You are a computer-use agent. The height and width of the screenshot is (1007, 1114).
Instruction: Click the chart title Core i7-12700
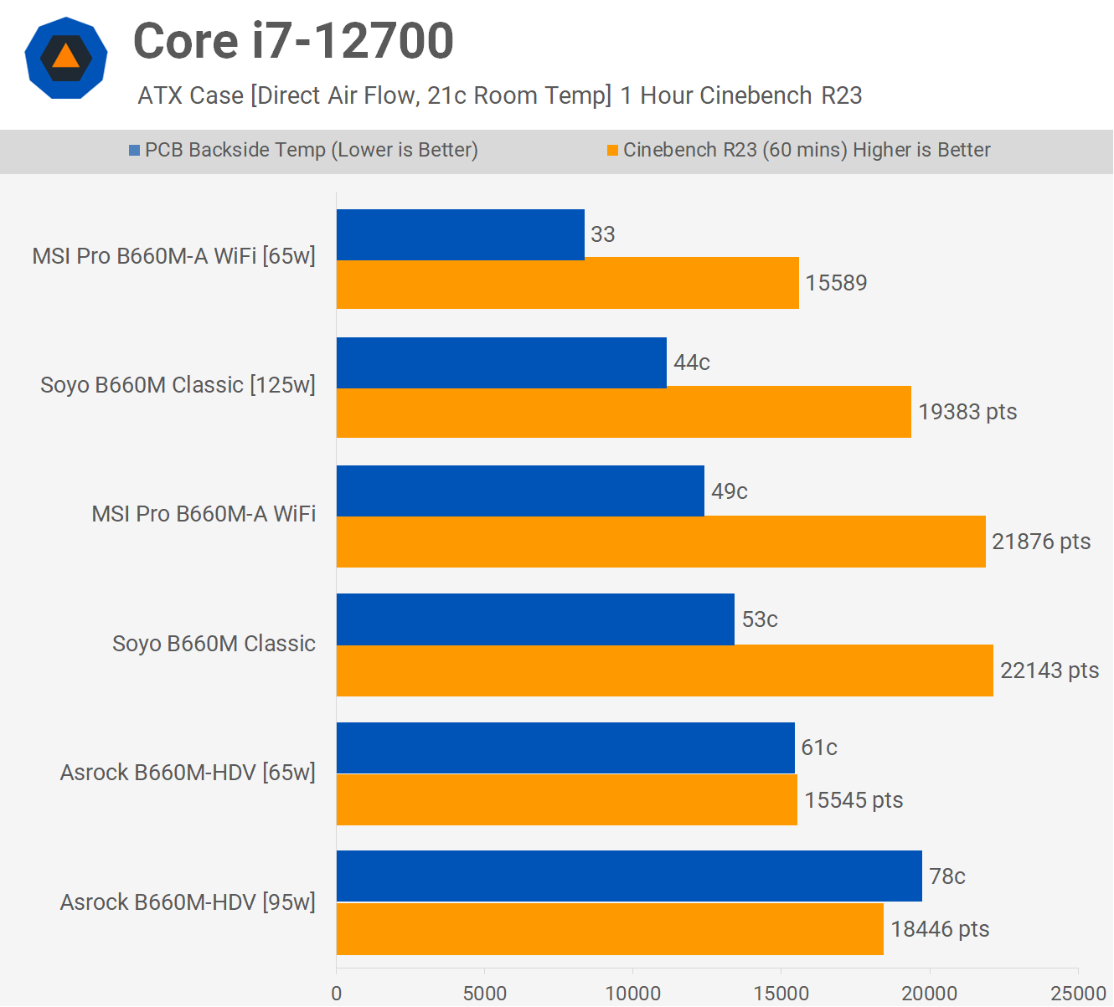click(293, 42)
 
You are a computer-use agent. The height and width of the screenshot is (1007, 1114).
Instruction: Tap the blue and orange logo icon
click(66, 58)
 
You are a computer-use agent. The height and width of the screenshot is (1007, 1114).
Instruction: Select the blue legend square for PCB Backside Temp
click(134, 151)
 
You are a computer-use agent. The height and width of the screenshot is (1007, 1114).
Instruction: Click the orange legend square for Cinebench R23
click(612, 151)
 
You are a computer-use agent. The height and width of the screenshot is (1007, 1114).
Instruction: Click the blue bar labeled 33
click(460, 234)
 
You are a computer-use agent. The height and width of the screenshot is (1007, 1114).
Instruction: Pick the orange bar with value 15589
click(567, 284)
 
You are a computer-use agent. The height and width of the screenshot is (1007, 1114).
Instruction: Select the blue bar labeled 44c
click(501, 362)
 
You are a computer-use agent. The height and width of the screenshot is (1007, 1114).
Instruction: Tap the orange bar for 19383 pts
click(623, 412)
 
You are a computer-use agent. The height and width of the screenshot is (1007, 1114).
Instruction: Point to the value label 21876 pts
click(1041, 542)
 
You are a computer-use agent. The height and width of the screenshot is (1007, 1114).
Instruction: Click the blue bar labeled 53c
click(535, 619)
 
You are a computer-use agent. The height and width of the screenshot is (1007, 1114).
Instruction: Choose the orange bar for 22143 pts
click(664, 670)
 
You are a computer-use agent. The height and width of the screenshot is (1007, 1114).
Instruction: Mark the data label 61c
click(819, 748)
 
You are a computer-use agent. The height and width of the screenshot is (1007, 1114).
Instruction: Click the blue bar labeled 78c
click(629, 876)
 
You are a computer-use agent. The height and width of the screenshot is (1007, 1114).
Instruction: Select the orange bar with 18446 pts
click(610, 929)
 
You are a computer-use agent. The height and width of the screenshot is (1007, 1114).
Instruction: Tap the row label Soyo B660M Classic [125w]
click(178, 385)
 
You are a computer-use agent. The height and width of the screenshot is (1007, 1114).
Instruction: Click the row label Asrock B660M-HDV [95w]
click(188, 902)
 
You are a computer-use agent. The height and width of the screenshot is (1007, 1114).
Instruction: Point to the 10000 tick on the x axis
click(633, 994)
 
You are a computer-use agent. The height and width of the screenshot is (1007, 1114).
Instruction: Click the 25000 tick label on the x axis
click(1079, 994)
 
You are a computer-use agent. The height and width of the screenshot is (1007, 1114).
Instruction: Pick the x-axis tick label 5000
click(485, 994)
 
